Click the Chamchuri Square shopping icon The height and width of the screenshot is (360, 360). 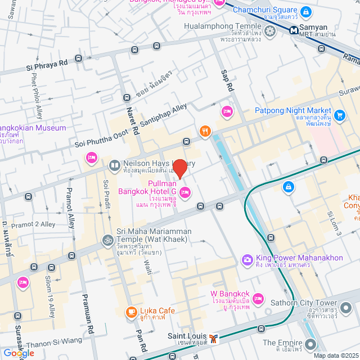[x=305, y=11]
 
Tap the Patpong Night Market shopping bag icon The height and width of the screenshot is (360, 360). [x=339, y=116]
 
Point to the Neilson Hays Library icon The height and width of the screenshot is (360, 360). [x=114, y=165]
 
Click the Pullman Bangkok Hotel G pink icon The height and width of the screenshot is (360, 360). [x=185, y=193]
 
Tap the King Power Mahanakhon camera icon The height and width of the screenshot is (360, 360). [x=246, y=259]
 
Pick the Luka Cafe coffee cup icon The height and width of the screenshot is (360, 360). [x=130, y=311]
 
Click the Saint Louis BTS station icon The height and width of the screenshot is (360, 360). [x=213, y=339]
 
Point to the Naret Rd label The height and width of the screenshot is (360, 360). [x=132, y=120]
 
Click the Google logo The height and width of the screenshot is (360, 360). [x=18, y=353]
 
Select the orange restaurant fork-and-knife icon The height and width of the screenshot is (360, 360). [x=205, y=132]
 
